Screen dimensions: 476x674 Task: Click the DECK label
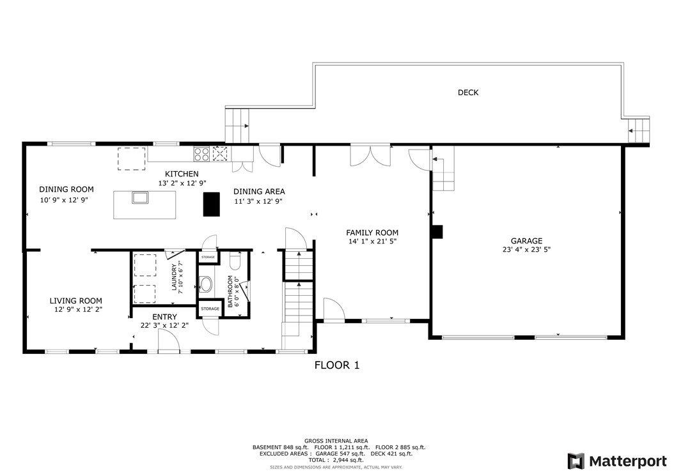tap(468, 93)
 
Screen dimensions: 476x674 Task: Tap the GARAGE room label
tap(526, 241)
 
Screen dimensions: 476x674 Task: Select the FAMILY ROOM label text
tap(372, 233)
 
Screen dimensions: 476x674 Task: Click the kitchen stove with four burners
tap(202, 153)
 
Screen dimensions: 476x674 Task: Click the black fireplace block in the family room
tap(437, 232)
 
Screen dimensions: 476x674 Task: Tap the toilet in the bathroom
tap(233, 263)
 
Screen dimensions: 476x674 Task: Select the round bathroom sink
tap(206, 284)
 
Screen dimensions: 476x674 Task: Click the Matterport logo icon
tap(576, 461)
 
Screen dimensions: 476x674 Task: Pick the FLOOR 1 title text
tap(337, 365)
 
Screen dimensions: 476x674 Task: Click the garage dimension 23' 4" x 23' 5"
tap(526, 250)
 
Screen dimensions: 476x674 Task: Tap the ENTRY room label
tap(164, 316)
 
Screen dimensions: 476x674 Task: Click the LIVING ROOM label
tap(76, 301)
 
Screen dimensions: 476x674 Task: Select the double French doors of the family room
tap(370, 155)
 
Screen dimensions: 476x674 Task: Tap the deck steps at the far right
tap(638, 130)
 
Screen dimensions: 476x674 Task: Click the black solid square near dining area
tap(211, 204)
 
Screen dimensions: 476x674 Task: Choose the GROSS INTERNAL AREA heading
tap(336, 441)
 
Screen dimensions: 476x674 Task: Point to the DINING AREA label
tap(259, 192)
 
